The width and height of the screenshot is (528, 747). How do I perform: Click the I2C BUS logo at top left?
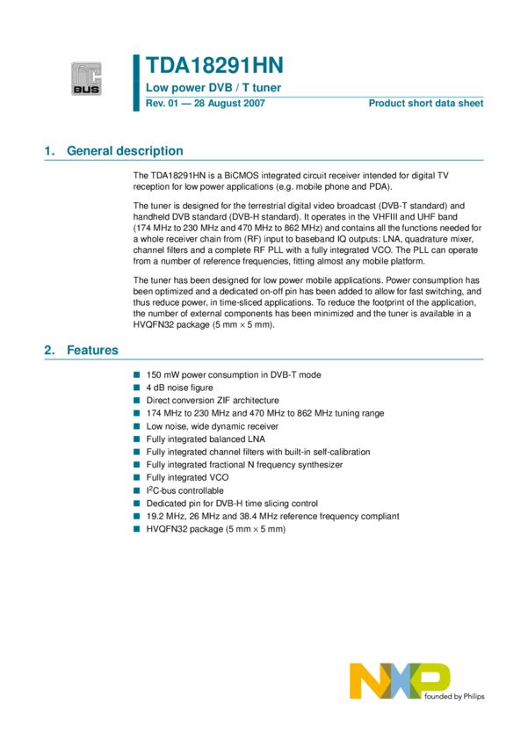click(x=87, y=77)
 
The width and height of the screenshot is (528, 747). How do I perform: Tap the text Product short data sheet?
click(x=425, y=104)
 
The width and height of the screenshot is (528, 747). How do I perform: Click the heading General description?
click(x=125, y=151)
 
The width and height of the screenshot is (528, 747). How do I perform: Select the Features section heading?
click(x=92, y=350)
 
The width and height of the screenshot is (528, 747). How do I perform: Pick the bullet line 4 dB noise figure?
click(x=179, y=387)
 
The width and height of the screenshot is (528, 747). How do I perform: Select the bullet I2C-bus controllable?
click(x=185, y=490)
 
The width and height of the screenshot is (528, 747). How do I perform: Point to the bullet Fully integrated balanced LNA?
click(x=206, y=439)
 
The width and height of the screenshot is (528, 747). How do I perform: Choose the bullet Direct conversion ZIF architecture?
click(x=213, y=400)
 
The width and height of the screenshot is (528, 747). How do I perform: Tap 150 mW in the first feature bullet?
click(x=164, y=374)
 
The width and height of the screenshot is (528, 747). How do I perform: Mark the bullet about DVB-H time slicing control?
click(x=232, y=504)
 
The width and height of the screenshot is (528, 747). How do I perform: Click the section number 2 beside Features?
click(x=48, y=350)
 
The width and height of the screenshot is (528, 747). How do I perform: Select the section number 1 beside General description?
click(x=48, y=151)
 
